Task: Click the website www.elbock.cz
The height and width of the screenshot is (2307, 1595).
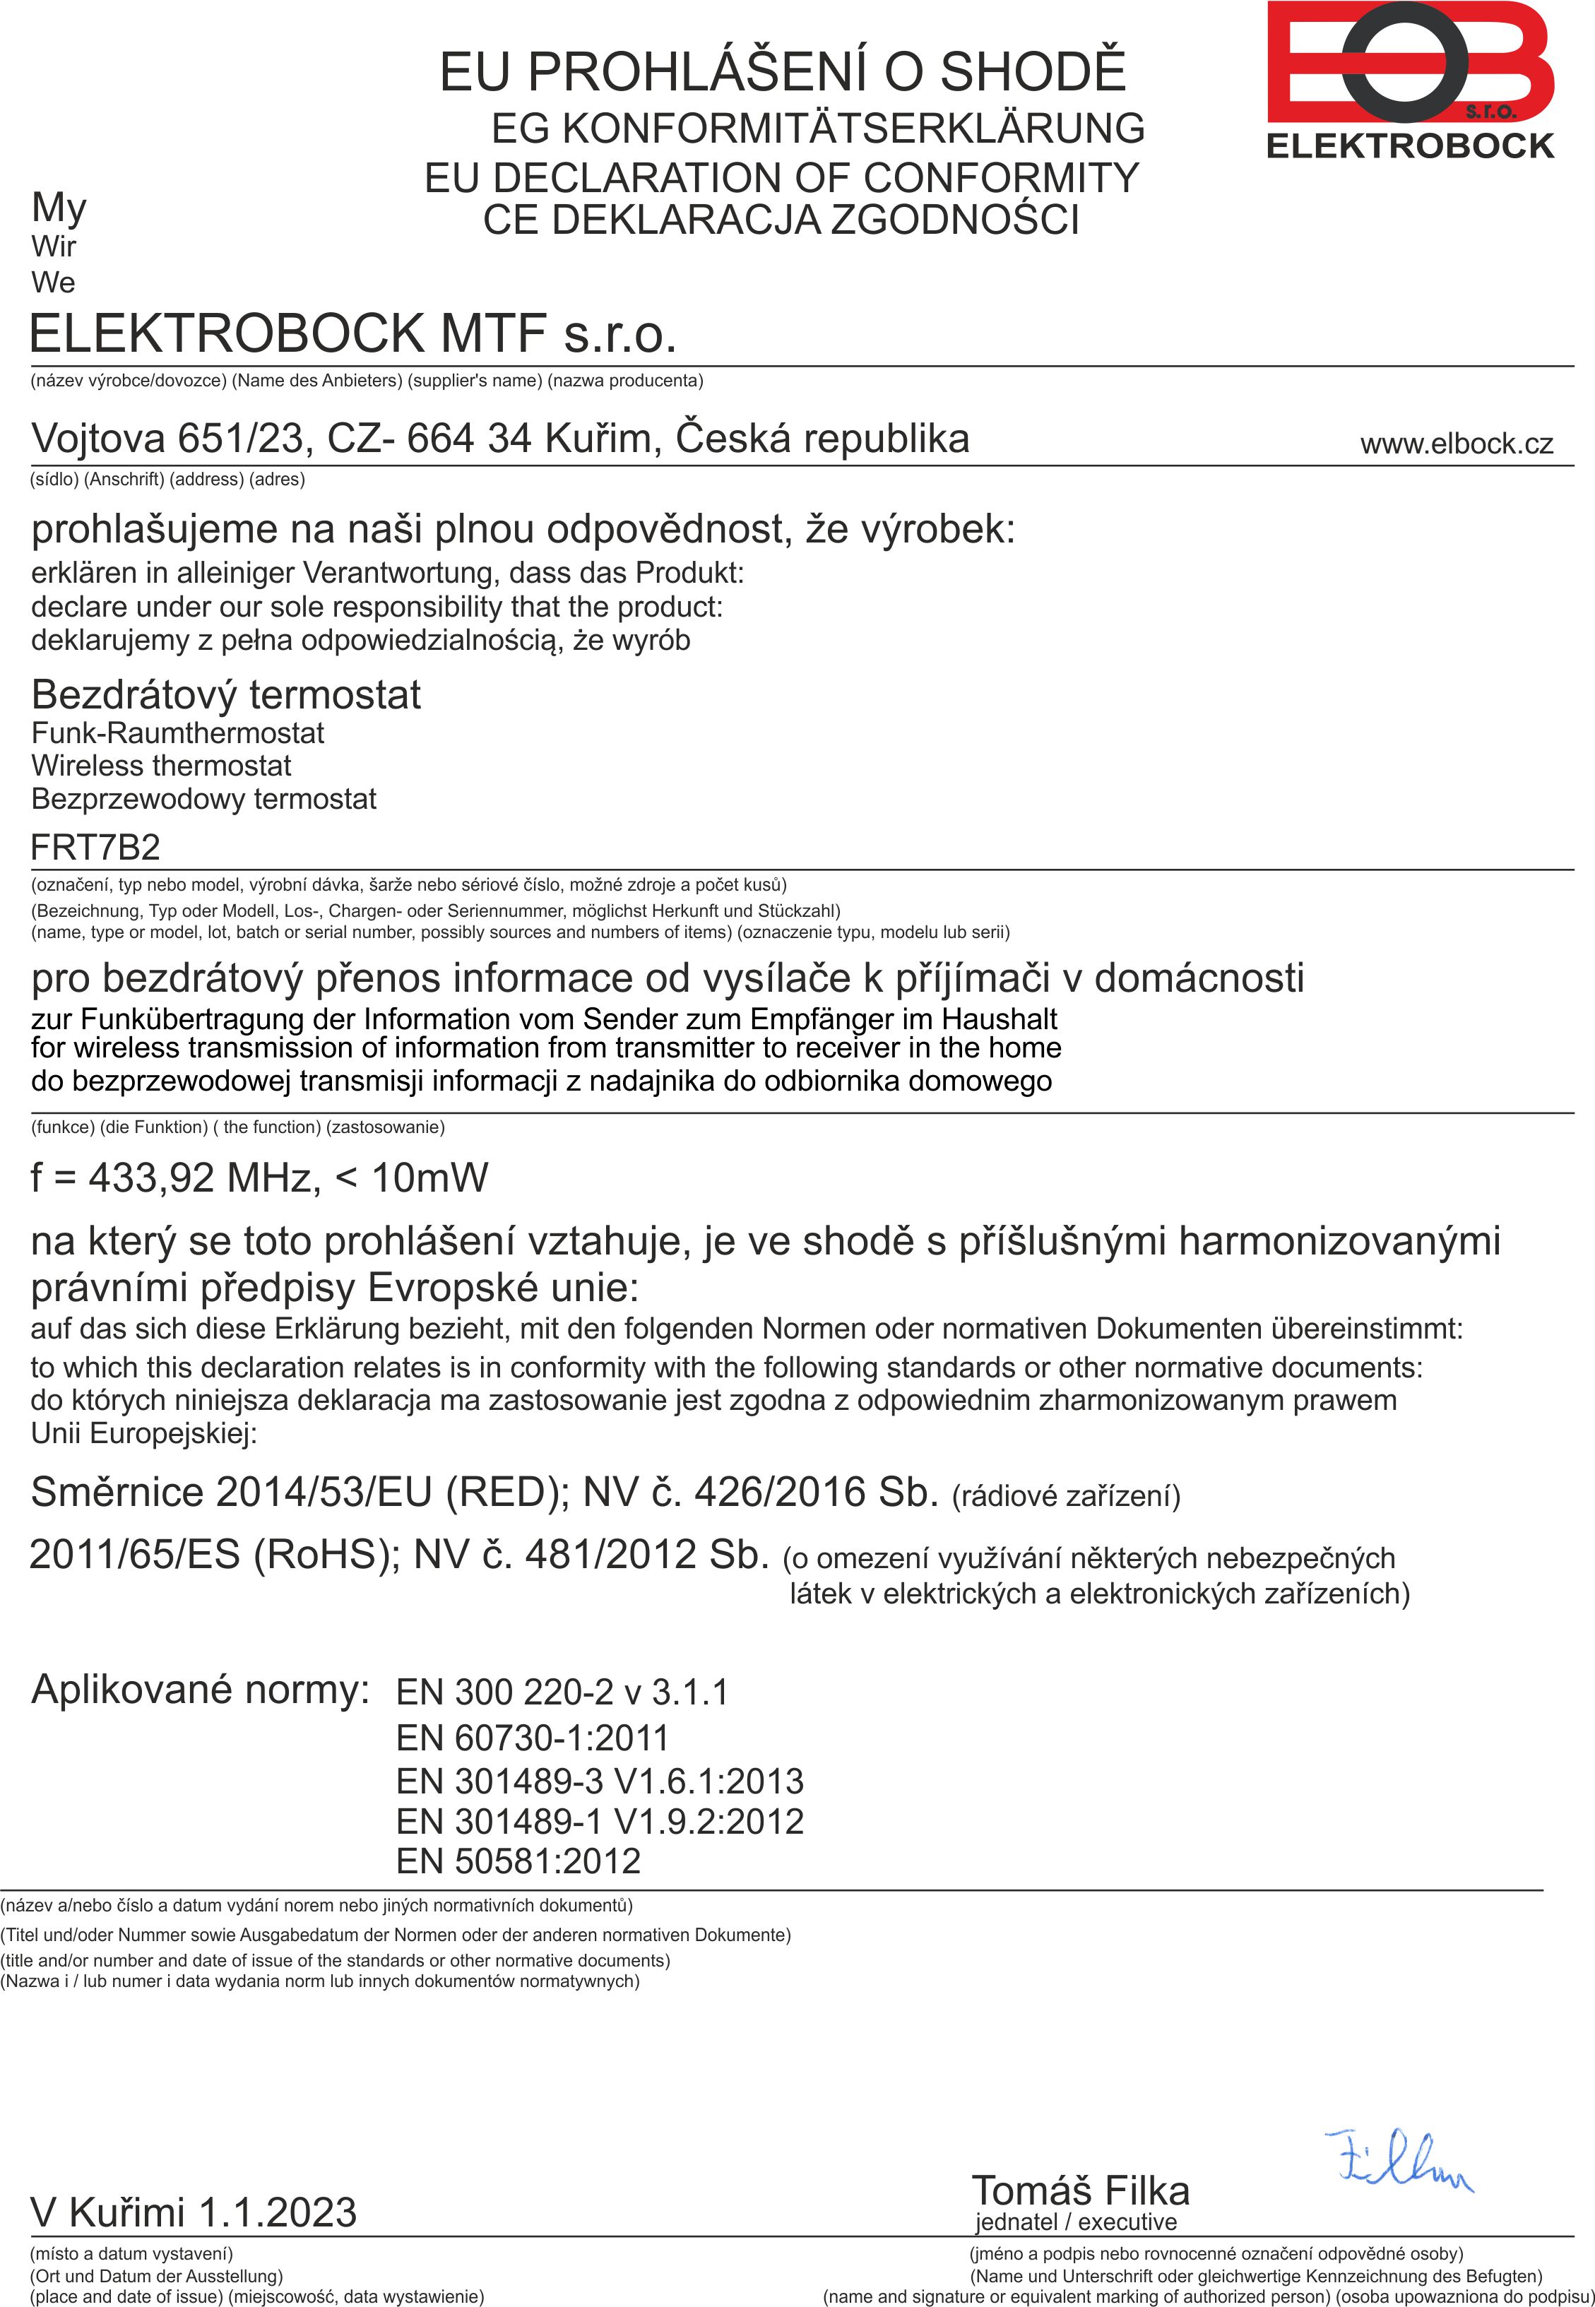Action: tap(1456, 444)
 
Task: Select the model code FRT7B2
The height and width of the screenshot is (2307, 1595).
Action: tap(95, 847)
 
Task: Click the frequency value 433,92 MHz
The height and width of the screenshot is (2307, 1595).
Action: tap(200, 1178)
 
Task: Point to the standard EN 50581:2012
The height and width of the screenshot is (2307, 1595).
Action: tap(518, 1861)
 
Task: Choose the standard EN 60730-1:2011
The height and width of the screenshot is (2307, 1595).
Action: tap(532, 1738)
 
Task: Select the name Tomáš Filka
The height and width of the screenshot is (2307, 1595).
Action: tap(1080, 2191)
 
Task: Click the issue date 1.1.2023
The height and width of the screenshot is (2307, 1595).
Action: tap(277, 2213)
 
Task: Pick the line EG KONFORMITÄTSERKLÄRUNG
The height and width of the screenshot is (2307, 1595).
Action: tap(817, 128)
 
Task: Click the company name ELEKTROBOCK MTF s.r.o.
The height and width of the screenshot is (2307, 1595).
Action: tap(352, 333)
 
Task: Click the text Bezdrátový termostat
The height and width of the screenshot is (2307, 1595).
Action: tap(226, 694)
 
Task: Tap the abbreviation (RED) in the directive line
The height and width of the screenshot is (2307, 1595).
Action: tap(506, 1492)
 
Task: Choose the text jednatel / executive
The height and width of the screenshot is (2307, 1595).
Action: tap(1077, 2222)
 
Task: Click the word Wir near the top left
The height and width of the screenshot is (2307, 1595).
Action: tap(53, 246)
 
